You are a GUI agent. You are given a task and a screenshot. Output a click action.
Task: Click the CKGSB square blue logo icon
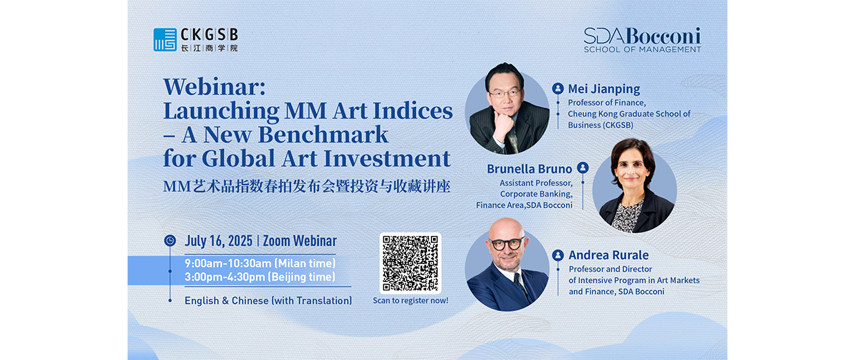(x=165, y=40)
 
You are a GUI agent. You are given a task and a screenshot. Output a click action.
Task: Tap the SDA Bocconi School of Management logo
(x=643, y=40)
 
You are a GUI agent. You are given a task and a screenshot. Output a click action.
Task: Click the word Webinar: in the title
(x=214, y=87)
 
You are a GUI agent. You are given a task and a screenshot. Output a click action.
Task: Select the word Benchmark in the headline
(x=323, y=134)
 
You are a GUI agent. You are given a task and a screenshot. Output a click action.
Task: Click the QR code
(x=410, y=263)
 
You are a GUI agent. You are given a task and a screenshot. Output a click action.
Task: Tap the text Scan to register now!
(x=411, y=301)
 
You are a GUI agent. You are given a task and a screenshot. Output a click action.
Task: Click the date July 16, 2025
(x=219, y=241)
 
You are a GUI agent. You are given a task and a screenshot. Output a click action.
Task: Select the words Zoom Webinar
(x=300, y=241)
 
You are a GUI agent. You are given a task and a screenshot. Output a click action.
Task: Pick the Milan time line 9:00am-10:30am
(x=260, y=263)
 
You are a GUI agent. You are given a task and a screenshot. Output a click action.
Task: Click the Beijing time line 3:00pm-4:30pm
(x=260, y=277)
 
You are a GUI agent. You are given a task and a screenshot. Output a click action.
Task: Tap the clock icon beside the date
(x=170, y=241)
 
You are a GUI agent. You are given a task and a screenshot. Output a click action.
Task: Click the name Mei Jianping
(x=604, y=89)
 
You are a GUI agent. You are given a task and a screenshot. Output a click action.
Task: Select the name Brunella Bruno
(x=530, y=169)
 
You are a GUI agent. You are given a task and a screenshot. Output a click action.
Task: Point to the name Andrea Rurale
(x=608, y=255)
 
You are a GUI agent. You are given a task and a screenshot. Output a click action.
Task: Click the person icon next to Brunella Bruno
(x=583, y=168)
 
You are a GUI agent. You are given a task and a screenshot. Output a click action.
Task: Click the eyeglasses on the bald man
(x=507, y=243)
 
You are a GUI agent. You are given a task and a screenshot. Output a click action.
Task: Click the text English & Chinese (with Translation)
(x=268, y=301)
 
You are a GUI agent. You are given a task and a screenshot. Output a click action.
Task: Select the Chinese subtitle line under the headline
(x=307, y=186)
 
